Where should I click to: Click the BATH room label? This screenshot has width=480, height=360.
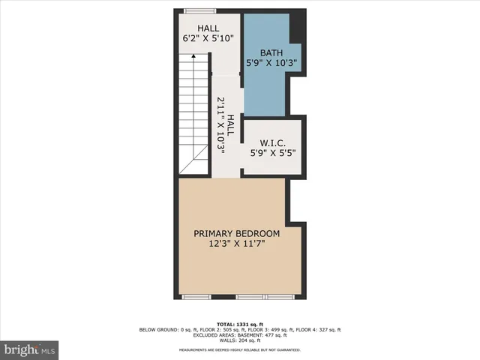[271, 52]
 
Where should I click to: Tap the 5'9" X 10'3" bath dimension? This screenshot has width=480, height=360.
[271, 64]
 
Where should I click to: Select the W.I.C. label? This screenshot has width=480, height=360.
[272, 142]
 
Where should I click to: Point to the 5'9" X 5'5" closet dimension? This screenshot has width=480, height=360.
[272, 153]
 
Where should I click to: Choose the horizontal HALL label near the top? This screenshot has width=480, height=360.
[208, 28]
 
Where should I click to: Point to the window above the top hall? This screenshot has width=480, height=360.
[199, 10]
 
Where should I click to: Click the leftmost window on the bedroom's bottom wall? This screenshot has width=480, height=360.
[197, 297]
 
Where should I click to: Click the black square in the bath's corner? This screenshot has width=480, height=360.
[295, 31]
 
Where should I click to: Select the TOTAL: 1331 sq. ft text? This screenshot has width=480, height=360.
[240, 323]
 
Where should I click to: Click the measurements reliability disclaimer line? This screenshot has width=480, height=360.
[240, 349]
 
